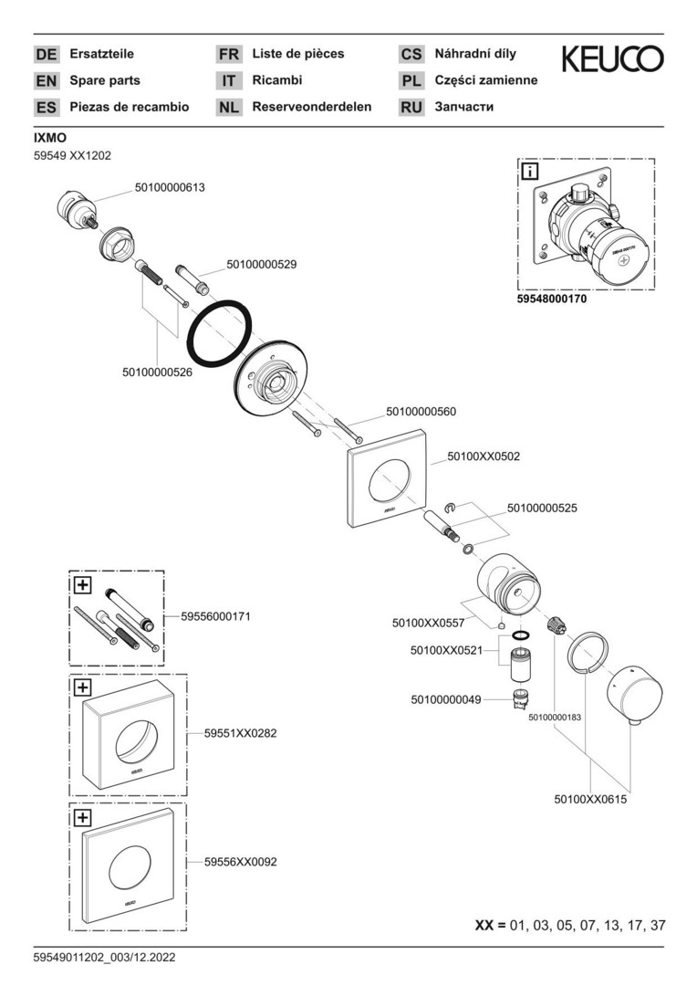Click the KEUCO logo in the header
pos(612,60)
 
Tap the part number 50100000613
pos(170,188)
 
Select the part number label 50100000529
pos(261,265)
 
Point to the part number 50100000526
pos(157,372)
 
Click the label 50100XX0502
pos(484,456)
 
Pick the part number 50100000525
pos(542,507)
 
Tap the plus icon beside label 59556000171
pos(82,584)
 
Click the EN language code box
pos(46,80)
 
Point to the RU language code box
pos(411,107)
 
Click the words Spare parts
pos(105,80)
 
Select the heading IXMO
pos(49,138)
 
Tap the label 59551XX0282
pos(240,733)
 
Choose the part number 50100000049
pos(445,700)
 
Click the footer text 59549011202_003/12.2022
pos(104,958)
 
